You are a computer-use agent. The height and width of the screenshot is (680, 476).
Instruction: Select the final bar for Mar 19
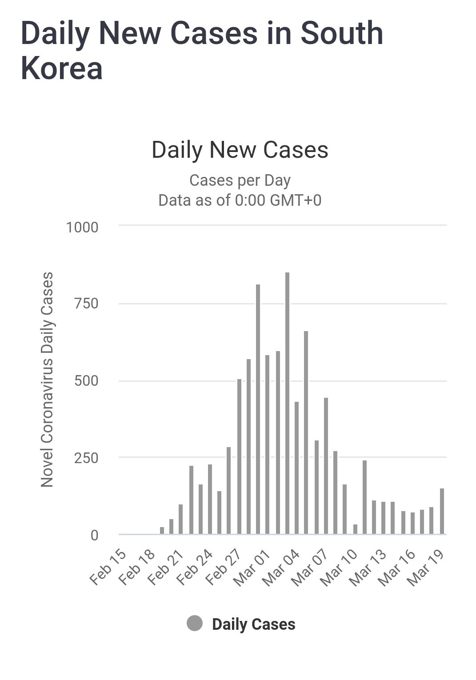pyautogui.click(x=442, y=511)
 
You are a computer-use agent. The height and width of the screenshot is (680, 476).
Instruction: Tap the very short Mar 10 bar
pyautogui.click(x=355, y=529)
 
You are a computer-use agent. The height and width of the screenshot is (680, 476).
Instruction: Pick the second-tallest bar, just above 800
pyautogui.click(x=258, y=409)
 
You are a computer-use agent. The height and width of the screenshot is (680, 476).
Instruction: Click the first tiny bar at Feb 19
pyautogui.click(x=162, y=530)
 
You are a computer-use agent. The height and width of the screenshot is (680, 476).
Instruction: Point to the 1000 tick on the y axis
pyautogui.click(x=82, y=228)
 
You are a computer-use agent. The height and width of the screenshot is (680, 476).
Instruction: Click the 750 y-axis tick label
pyautogui.click(x=86, y=304)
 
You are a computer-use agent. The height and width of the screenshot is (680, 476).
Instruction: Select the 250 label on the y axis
pyautogui.click(x=86, y=458)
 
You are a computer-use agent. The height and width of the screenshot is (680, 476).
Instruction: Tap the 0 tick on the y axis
pyautogui.click(x=94, y=535)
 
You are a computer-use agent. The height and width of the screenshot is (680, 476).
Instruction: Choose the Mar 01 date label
pyautogui.click(x=252, y=568)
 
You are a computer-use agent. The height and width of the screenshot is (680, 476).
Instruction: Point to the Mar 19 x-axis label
pyautogui.click(x=426, y=568)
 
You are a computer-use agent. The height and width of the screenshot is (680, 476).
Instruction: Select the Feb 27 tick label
pyautogui.click(x=223, y=568)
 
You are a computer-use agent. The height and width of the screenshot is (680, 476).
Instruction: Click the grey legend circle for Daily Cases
pyautogui.click(x=195, y=624)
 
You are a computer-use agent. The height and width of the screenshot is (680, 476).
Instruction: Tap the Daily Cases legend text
pyautogui.click(x=253, y=624)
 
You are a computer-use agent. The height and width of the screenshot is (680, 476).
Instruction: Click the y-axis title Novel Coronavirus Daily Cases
pyautogui.click(x=47, y=380)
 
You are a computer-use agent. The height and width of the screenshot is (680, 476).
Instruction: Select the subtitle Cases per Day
pyautogui.click(x=240, y=180)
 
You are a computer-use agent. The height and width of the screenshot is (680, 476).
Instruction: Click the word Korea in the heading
pyautogui.click(x=62, y=69)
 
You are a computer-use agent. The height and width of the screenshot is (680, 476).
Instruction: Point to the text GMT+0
pyautogui.click(x=295, y=200)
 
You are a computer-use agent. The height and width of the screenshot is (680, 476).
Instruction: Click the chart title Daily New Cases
pyautogui.click(x=240, y=150)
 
